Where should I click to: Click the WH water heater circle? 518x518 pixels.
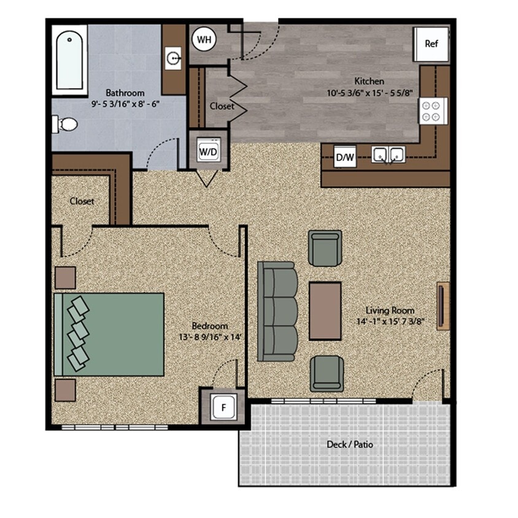click(204, 40)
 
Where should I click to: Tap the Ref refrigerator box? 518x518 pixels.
click(431, 44)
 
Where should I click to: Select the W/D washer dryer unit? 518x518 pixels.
click(207, 150)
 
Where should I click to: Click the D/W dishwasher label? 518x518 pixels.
click(345, 157)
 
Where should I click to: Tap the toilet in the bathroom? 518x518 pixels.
click(65, 125)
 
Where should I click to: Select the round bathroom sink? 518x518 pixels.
click(174, 58)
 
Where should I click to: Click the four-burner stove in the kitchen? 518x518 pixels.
click(433, 110)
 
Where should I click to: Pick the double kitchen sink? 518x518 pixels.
click(388, 154)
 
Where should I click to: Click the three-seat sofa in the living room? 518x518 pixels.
click(277, 311)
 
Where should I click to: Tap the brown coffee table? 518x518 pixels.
click(325, 311)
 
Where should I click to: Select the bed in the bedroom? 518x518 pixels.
click(109, 334)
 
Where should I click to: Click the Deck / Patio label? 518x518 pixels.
click(350, 444)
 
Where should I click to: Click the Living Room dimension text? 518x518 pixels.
click(390, 321)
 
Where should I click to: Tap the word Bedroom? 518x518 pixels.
click(210, 326)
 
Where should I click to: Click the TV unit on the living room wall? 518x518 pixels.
click(442, 306)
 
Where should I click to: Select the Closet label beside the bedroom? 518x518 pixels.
click(82, 201)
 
